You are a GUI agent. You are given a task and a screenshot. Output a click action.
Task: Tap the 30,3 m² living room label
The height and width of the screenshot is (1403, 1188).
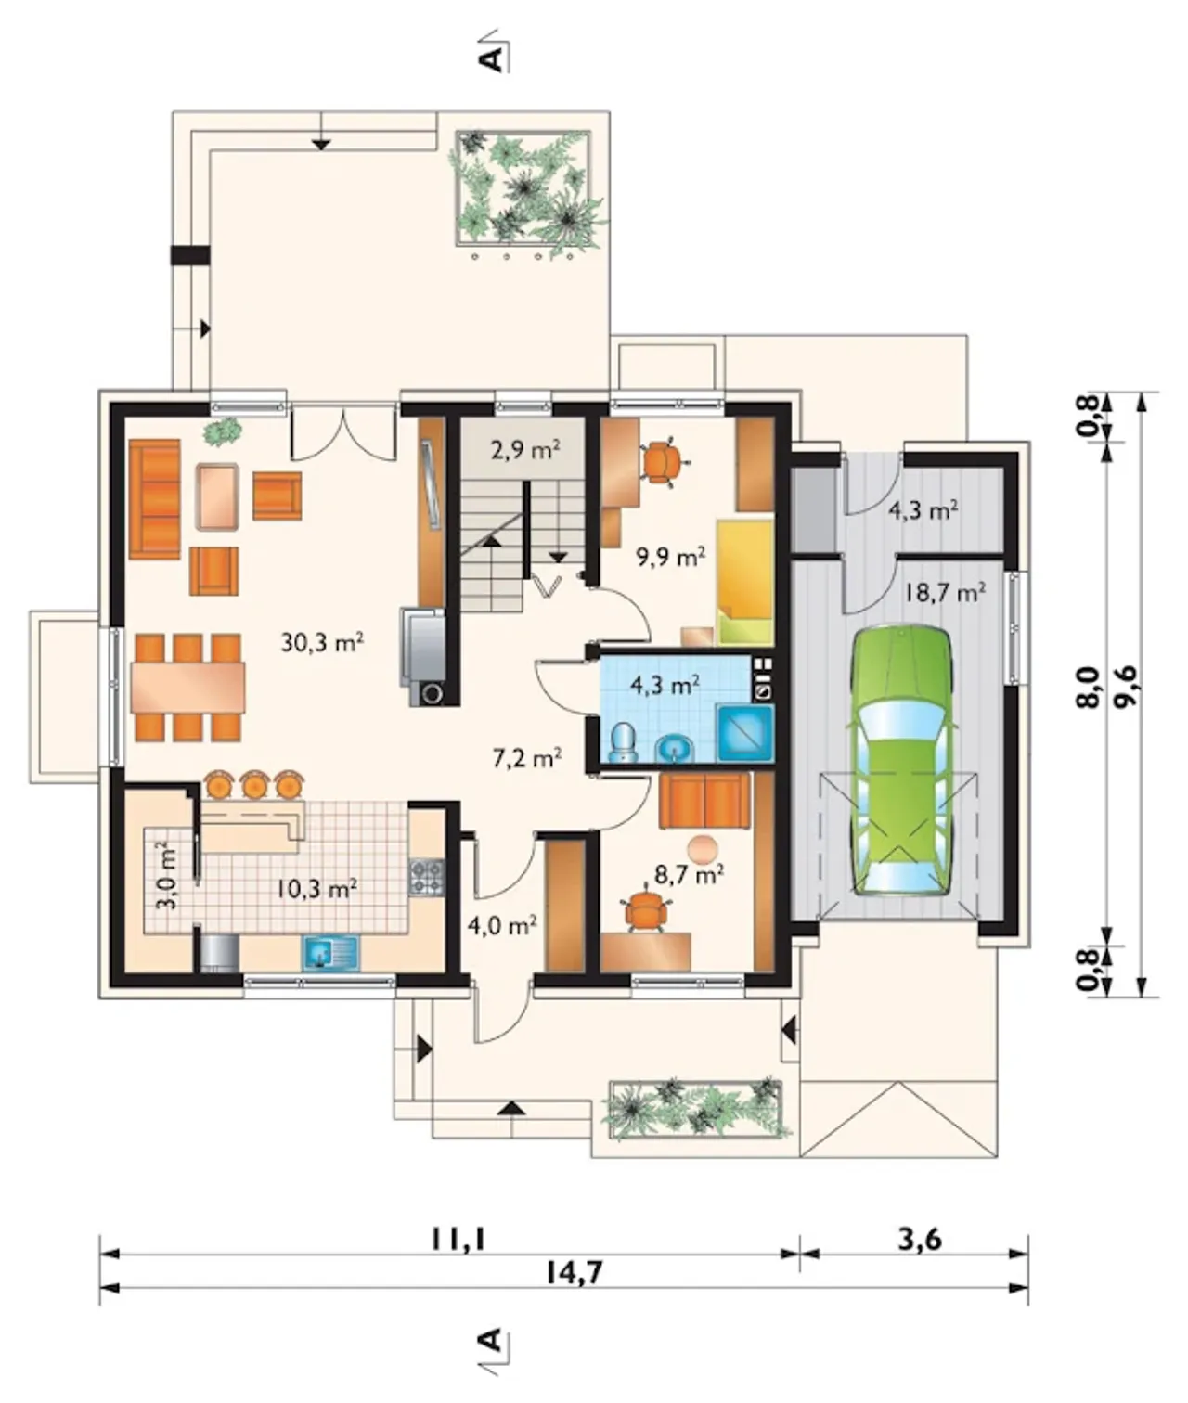[x=322, y=641]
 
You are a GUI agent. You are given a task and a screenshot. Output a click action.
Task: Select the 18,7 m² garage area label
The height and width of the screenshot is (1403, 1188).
[x=945, y=593]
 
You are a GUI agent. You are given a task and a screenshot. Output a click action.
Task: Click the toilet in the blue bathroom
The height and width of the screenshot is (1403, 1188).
[x=623, y=742]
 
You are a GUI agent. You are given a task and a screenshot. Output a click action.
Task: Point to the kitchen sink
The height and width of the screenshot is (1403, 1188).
[x=331, y=952]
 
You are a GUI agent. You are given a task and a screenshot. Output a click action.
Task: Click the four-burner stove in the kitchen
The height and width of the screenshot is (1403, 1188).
[x=426, y=876]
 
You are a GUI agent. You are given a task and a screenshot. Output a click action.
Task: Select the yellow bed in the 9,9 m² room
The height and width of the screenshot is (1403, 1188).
[x=745, y=583]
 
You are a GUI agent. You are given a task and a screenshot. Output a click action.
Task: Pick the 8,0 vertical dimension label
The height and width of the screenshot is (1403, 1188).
[x=1088, y=687]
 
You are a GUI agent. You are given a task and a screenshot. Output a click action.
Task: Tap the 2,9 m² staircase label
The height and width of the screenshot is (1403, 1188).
[x=525, y=450]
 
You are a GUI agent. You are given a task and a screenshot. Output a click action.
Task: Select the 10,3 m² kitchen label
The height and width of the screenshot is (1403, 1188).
[x=317, y=888]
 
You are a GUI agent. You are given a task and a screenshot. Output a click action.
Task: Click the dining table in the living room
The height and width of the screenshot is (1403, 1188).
[x=188, y=687]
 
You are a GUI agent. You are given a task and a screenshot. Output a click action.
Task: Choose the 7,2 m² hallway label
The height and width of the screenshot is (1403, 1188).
[x=526, y=758]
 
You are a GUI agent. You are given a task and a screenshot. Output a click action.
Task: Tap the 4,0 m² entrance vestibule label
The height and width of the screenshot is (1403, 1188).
[x=502, y=924]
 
